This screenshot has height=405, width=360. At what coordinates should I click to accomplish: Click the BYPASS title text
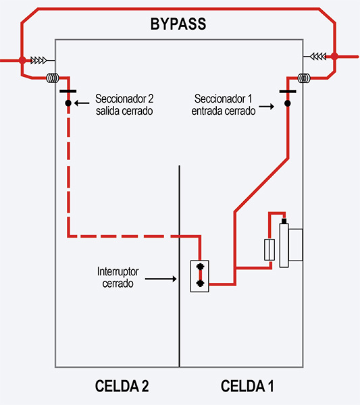(x=178, y=26)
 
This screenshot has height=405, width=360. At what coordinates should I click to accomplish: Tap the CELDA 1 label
(x=247, y=386)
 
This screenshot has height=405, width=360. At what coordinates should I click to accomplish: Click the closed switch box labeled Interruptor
(x=199, y=276)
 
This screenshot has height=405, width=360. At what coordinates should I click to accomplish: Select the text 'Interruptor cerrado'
(x=118, y=277)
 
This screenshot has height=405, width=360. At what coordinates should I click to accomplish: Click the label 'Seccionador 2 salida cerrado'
(x=124, y=103)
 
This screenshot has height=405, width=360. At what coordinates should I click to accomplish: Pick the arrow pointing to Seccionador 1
(x=267, y=107)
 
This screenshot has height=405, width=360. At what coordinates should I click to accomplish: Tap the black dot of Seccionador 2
(x=68, y=103)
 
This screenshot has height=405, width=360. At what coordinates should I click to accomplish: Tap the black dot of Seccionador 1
(x=288, y=103)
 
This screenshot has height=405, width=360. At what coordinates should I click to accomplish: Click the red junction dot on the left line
(x=22, y=60)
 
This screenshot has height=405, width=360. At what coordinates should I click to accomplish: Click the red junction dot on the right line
(x=333, y=57)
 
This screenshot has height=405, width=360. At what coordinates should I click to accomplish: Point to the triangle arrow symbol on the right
(x=316, y=56)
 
